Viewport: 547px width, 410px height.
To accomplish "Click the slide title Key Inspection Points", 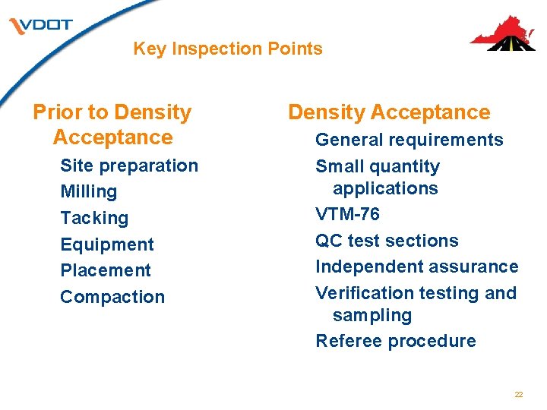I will point(228,49).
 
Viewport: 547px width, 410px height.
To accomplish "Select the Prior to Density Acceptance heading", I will point(112,125).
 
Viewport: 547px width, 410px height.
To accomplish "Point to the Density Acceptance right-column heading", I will point(389,112).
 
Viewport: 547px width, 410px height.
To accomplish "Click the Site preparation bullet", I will point(128,166).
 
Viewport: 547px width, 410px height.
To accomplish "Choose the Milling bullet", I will point(88,191).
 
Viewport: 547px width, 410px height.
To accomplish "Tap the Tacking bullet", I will point(94,218).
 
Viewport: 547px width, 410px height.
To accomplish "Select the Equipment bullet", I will point(106,244).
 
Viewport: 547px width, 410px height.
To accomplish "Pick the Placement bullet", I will point(105,270).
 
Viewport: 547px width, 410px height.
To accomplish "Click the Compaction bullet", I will point(112,297).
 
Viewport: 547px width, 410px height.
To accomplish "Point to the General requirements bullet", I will point(409,140).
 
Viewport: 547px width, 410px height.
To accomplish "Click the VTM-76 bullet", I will point(347,214).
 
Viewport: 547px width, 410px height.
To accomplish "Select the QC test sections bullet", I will point(387,241).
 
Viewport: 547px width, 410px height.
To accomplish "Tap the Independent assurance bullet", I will point(416,266).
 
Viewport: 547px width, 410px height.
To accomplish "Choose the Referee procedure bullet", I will point(395,341).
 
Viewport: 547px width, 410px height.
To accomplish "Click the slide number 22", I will point(519,395).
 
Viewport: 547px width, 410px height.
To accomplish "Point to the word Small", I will point(337,166).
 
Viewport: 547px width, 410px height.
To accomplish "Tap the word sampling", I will point(372,315).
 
